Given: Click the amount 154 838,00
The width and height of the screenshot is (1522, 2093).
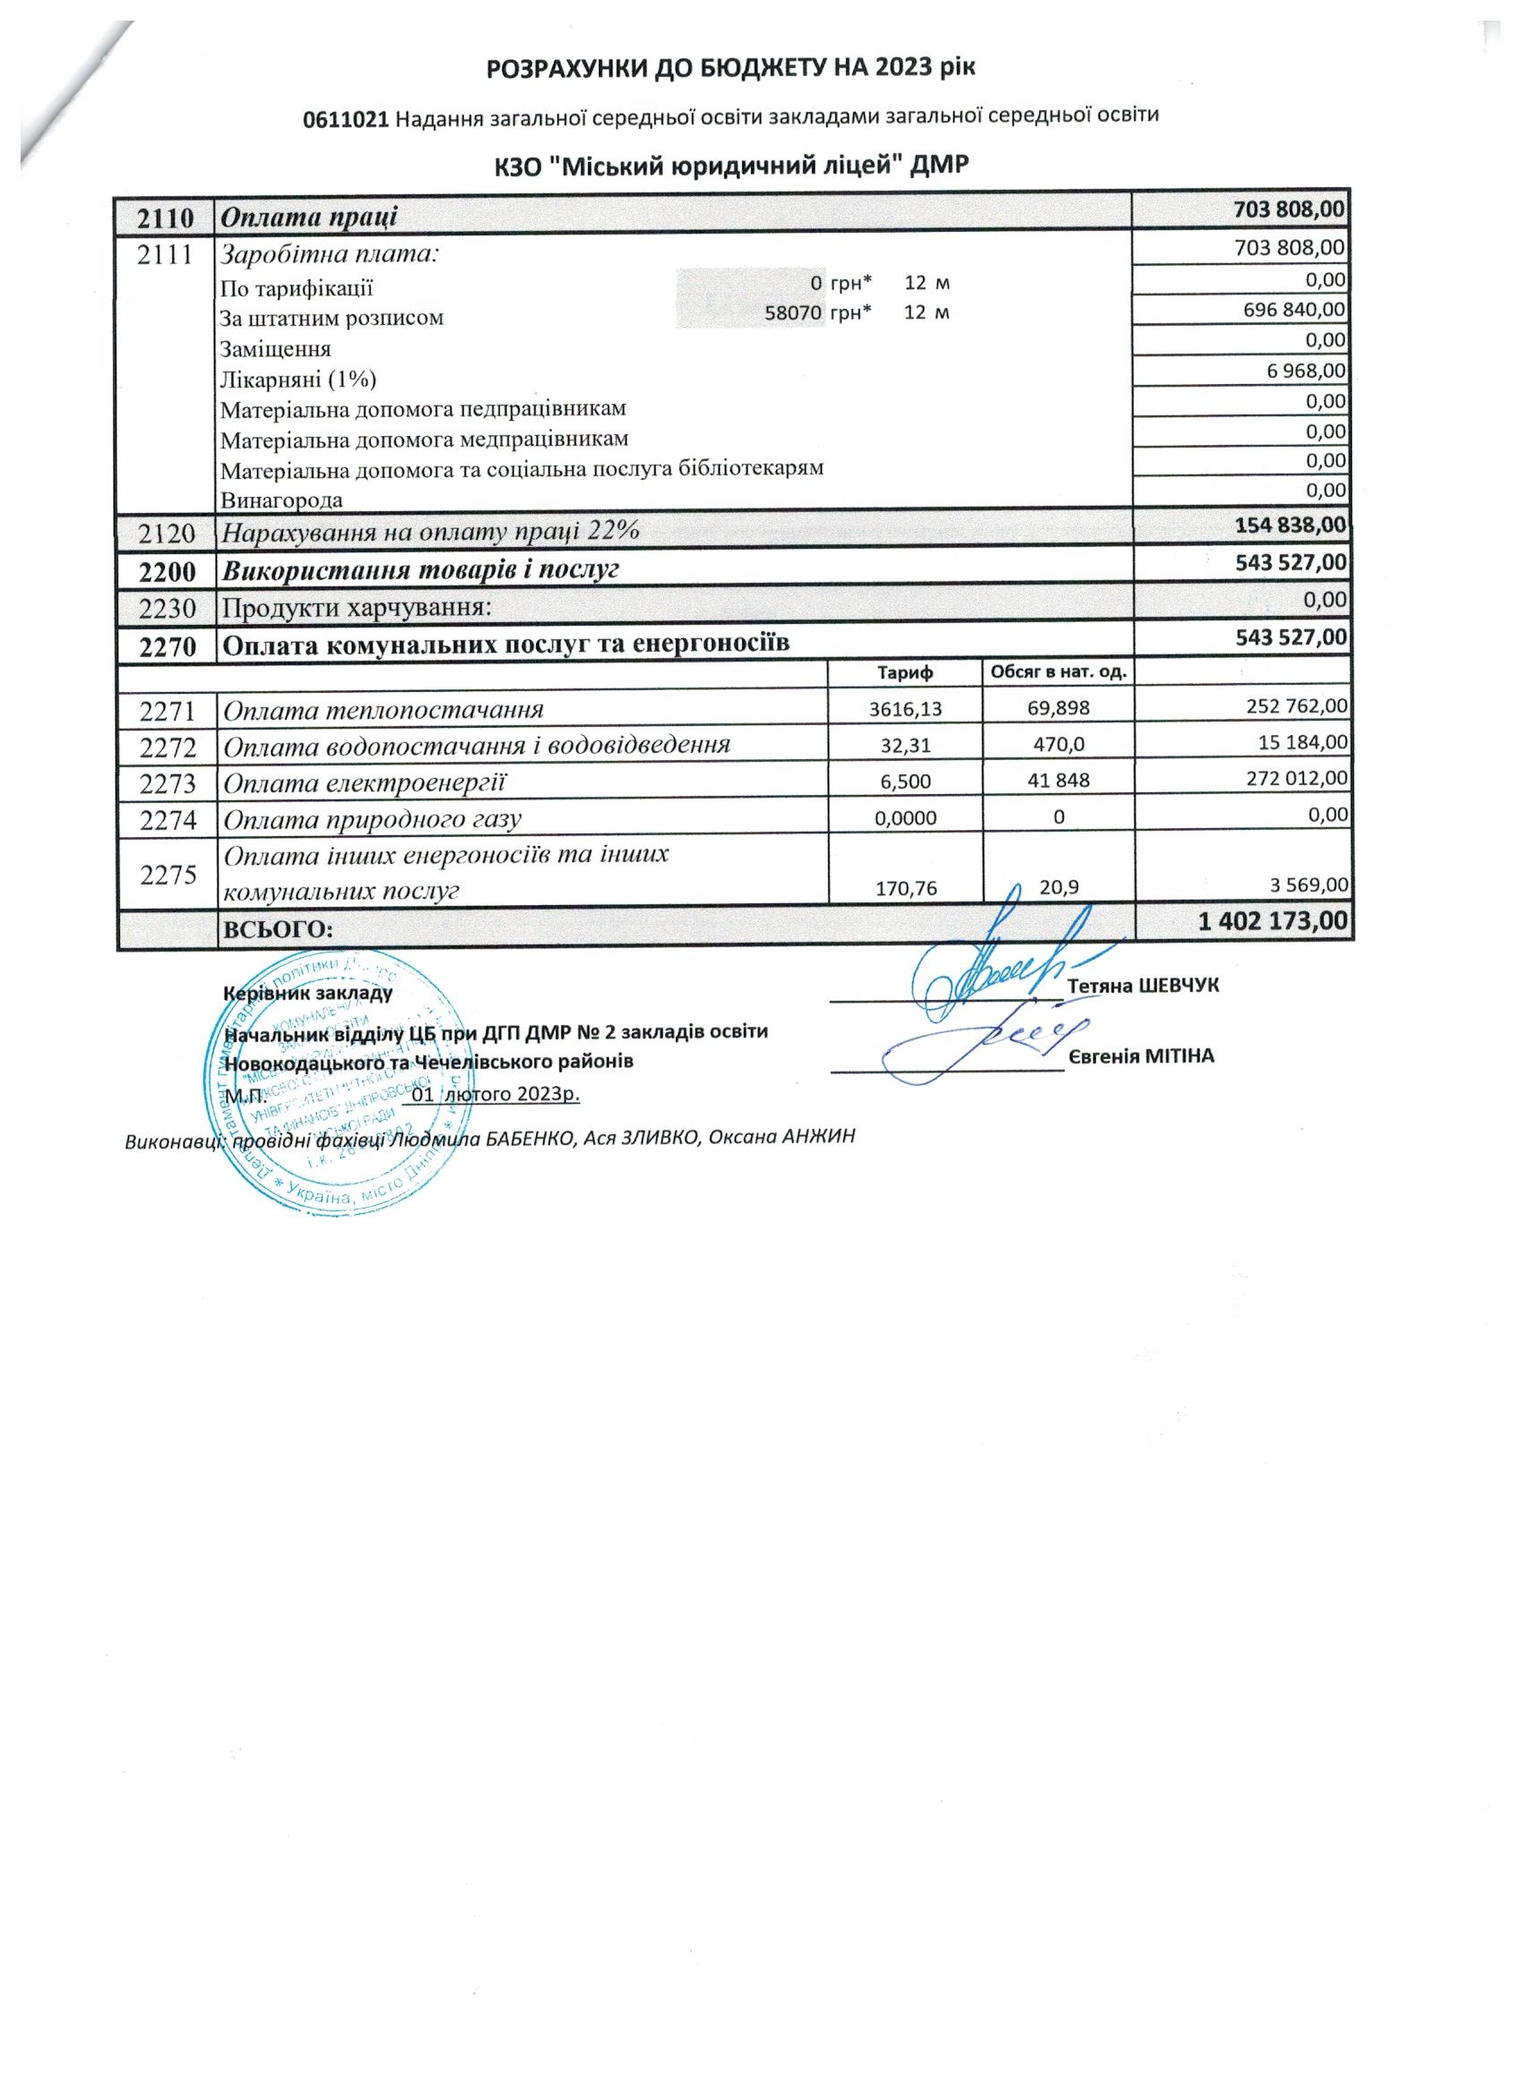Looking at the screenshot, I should pos(1290,525).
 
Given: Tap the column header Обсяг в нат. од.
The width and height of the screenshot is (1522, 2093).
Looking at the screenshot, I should pos(1058,671).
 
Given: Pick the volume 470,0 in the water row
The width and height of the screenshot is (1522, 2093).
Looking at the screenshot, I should pos(1058,745).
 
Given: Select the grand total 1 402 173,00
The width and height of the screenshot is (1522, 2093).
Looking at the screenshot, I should pos(1273,920).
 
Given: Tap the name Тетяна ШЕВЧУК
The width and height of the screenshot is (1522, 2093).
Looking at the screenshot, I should pos(1143,986).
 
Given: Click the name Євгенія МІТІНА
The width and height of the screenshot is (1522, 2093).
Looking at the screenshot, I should pos(1141,1056).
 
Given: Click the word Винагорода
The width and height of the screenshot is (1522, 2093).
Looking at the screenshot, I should pos(281,500).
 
